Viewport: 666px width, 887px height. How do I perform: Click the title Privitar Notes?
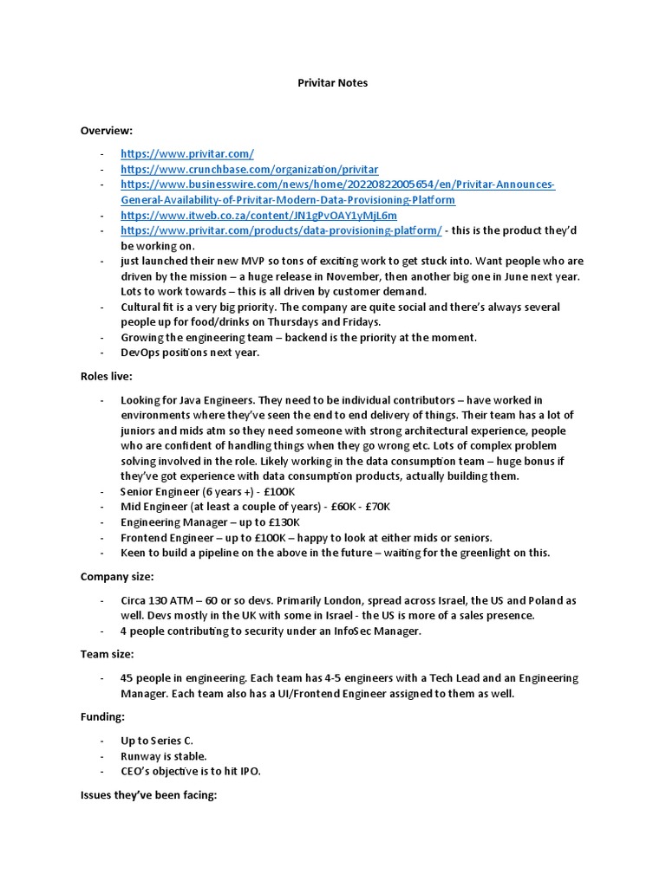click(x=332, y=82)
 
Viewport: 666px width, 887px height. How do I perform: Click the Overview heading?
click(x=107, y=130)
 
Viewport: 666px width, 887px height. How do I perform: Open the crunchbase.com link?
click(x=249, y=169)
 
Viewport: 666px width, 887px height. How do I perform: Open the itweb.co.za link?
click(x=258, y=215)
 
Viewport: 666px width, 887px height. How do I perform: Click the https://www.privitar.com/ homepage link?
click(x=187, y=153)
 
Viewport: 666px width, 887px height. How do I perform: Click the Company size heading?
click(x=116, y=576)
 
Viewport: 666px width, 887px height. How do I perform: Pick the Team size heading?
click(x=107, y=655)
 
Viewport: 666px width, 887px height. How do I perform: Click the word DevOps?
click(x=142, y=353)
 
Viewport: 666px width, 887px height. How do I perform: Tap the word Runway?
click(x=141, y=756)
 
